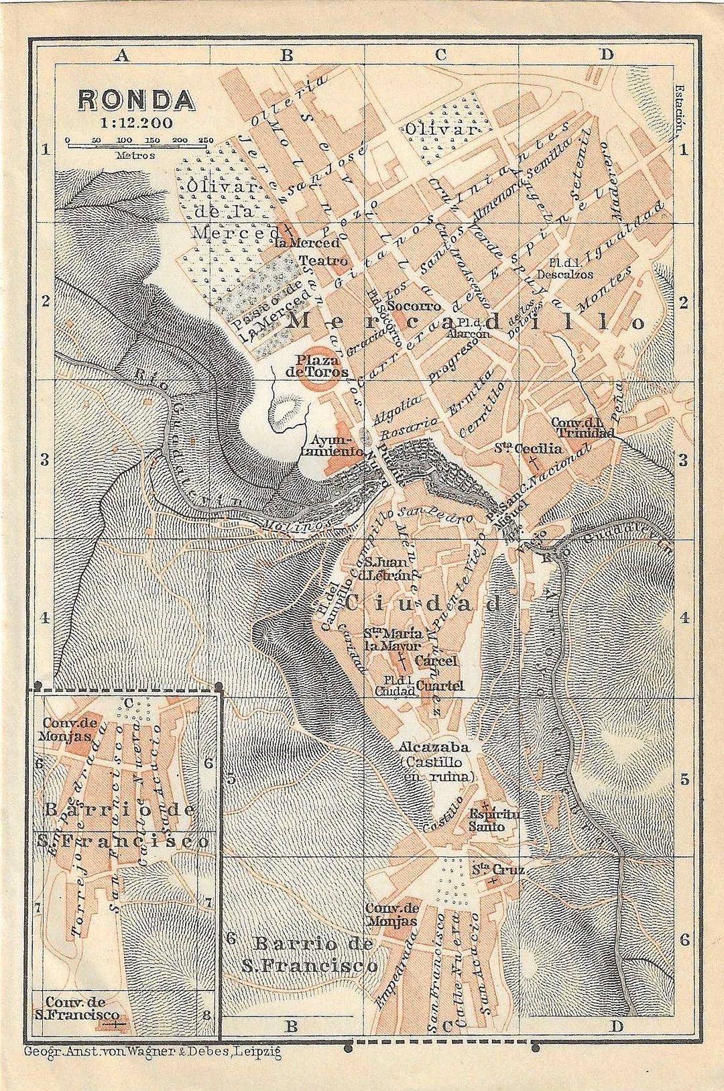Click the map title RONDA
[x=137, y=99]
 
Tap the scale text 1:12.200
[x=137, y=122]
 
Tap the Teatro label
[x=323, y=260]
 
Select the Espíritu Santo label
[x=496, y=820]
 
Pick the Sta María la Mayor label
[x=393, y=640]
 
